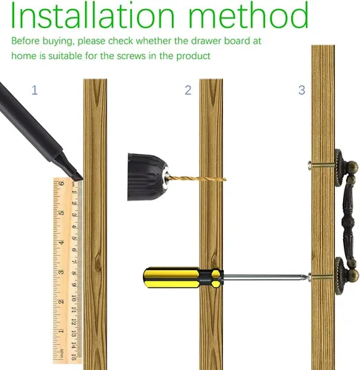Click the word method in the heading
pos(248,15)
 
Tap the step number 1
pos(35,90)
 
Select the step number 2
pos(188,90)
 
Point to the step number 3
pos(301,90)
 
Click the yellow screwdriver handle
pos(183,277)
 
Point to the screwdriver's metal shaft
pos(266,277)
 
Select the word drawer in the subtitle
pos(206,41)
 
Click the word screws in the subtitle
pos(131,56)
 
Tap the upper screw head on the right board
pos(310,165)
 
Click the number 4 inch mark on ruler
pos(61,243)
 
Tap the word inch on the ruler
pos(61,353)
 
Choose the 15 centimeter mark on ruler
pos(73,357)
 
